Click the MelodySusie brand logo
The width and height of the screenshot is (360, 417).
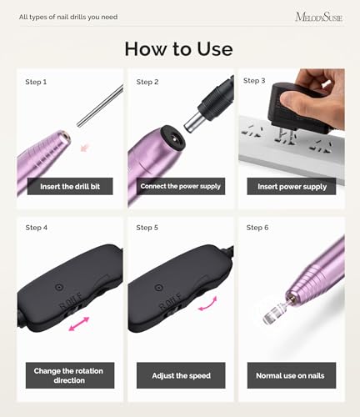tap(319, 18)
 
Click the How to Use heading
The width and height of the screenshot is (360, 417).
tap(178, 49)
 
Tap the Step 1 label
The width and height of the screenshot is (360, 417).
tap(36, 82)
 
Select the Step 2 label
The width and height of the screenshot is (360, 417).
tap(147, 82)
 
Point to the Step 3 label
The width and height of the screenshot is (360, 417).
tap(254, 81)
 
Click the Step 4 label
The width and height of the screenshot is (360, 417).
tap(37, 228)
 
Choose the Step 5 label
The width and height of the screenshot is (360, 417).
tap(147, 228)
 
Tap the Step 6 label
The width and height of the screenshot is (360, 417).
tap(257, 228)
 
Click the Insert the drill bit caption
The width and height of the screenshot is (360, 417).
tap(70, 186)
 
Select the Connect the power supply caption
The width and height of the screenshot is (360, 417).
tap(181, 186)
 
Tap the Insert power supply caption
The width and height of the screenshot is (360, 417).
tap(292, 187)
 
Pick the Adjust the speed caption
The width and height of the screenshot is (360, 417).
tap(181, 375)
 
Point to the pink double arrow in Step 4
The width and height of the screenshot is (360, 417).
tap(79, 324)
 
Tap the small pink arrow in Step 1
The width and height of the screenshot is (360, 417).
tap(84, 148)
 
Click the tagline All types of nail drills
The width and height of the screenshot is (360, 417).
tap(68, 17)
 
